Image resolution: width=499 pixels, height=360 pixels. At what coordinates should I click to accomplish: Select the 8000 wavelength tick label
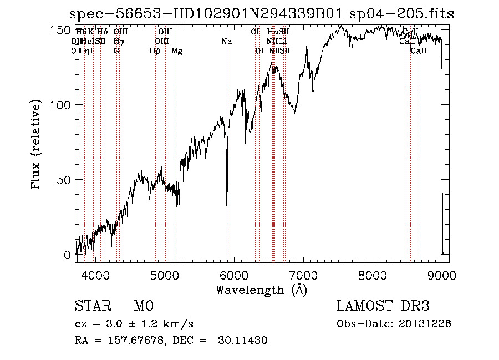click(373, 275)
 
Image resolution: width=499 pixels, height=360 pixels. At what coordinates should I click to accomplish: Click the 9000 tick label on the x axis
click(442, 275)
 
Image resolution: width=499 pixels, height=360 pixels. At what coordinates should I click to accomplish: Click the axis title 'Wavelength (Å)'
click(261, 290)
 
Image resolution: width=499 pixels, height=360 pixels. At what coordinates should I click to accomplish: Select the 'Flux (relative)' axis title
click(37, 145)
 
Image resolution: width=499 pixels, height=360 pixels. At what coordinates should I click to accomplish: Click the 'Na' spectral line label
click(226, 42)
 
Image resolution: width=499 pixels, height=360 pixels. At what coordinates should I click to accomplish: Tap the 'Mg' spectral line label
click(177, 51)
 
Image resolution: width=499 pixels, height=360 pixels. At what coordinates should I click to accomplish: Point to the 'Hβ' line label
click(155, 51)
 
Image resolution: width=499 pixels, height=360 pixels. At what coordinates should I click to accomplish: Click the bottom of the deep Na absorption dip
click(227, 205)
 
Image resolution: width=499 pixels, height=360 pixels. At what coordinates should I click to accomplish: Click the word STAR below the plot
click(92, 306)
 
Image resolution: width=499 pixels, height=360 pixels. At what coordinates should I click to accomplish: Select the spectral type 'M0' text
click(143, 306)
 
